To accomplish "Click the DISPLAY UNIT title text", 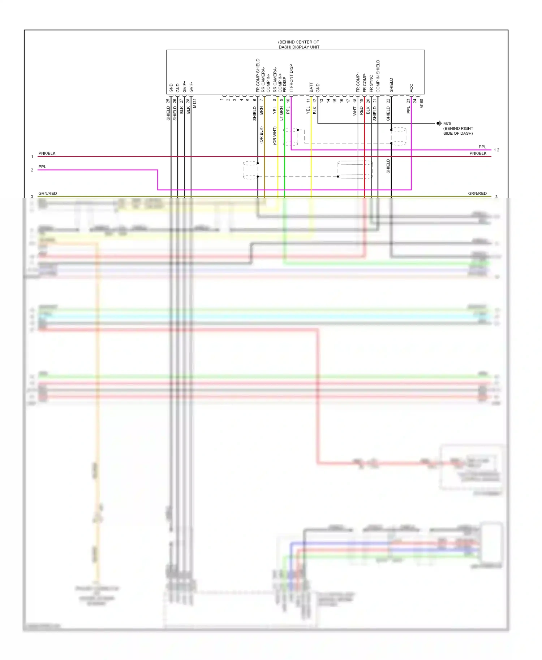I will click(298, 45).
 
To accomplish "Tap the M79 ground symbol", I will click(439, 123).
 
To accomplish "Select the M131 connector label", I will click(194, 103).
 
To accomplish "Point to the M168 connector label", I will click(421, 104).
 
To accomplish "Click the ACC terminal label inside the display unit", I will click(411, 88).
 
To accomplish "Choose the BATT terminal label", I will click(311, 87).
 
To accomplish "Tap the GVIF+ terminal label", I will click(184, 87).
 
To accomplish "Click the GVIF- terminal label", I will click(191, 87).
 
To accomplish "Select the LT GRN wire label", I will click(281, 113).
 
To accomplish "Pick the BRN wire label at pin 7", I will click(261, 110).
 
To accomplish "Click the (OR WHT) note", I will click(275, 136).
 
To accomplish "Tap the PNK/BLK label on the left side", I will click(47, 153).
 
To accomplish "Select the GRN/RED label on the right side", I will click(477, 194).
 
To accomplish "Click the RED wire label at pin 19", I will click(361, 111).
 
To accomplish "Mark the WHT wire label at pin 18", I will click(355, 111).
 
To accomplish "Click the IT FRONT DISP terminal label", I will click(291, 78).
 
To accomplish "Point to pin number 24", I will click(415, 101).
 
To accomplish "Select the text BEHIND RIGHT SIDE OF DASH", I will click(458, 131).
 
